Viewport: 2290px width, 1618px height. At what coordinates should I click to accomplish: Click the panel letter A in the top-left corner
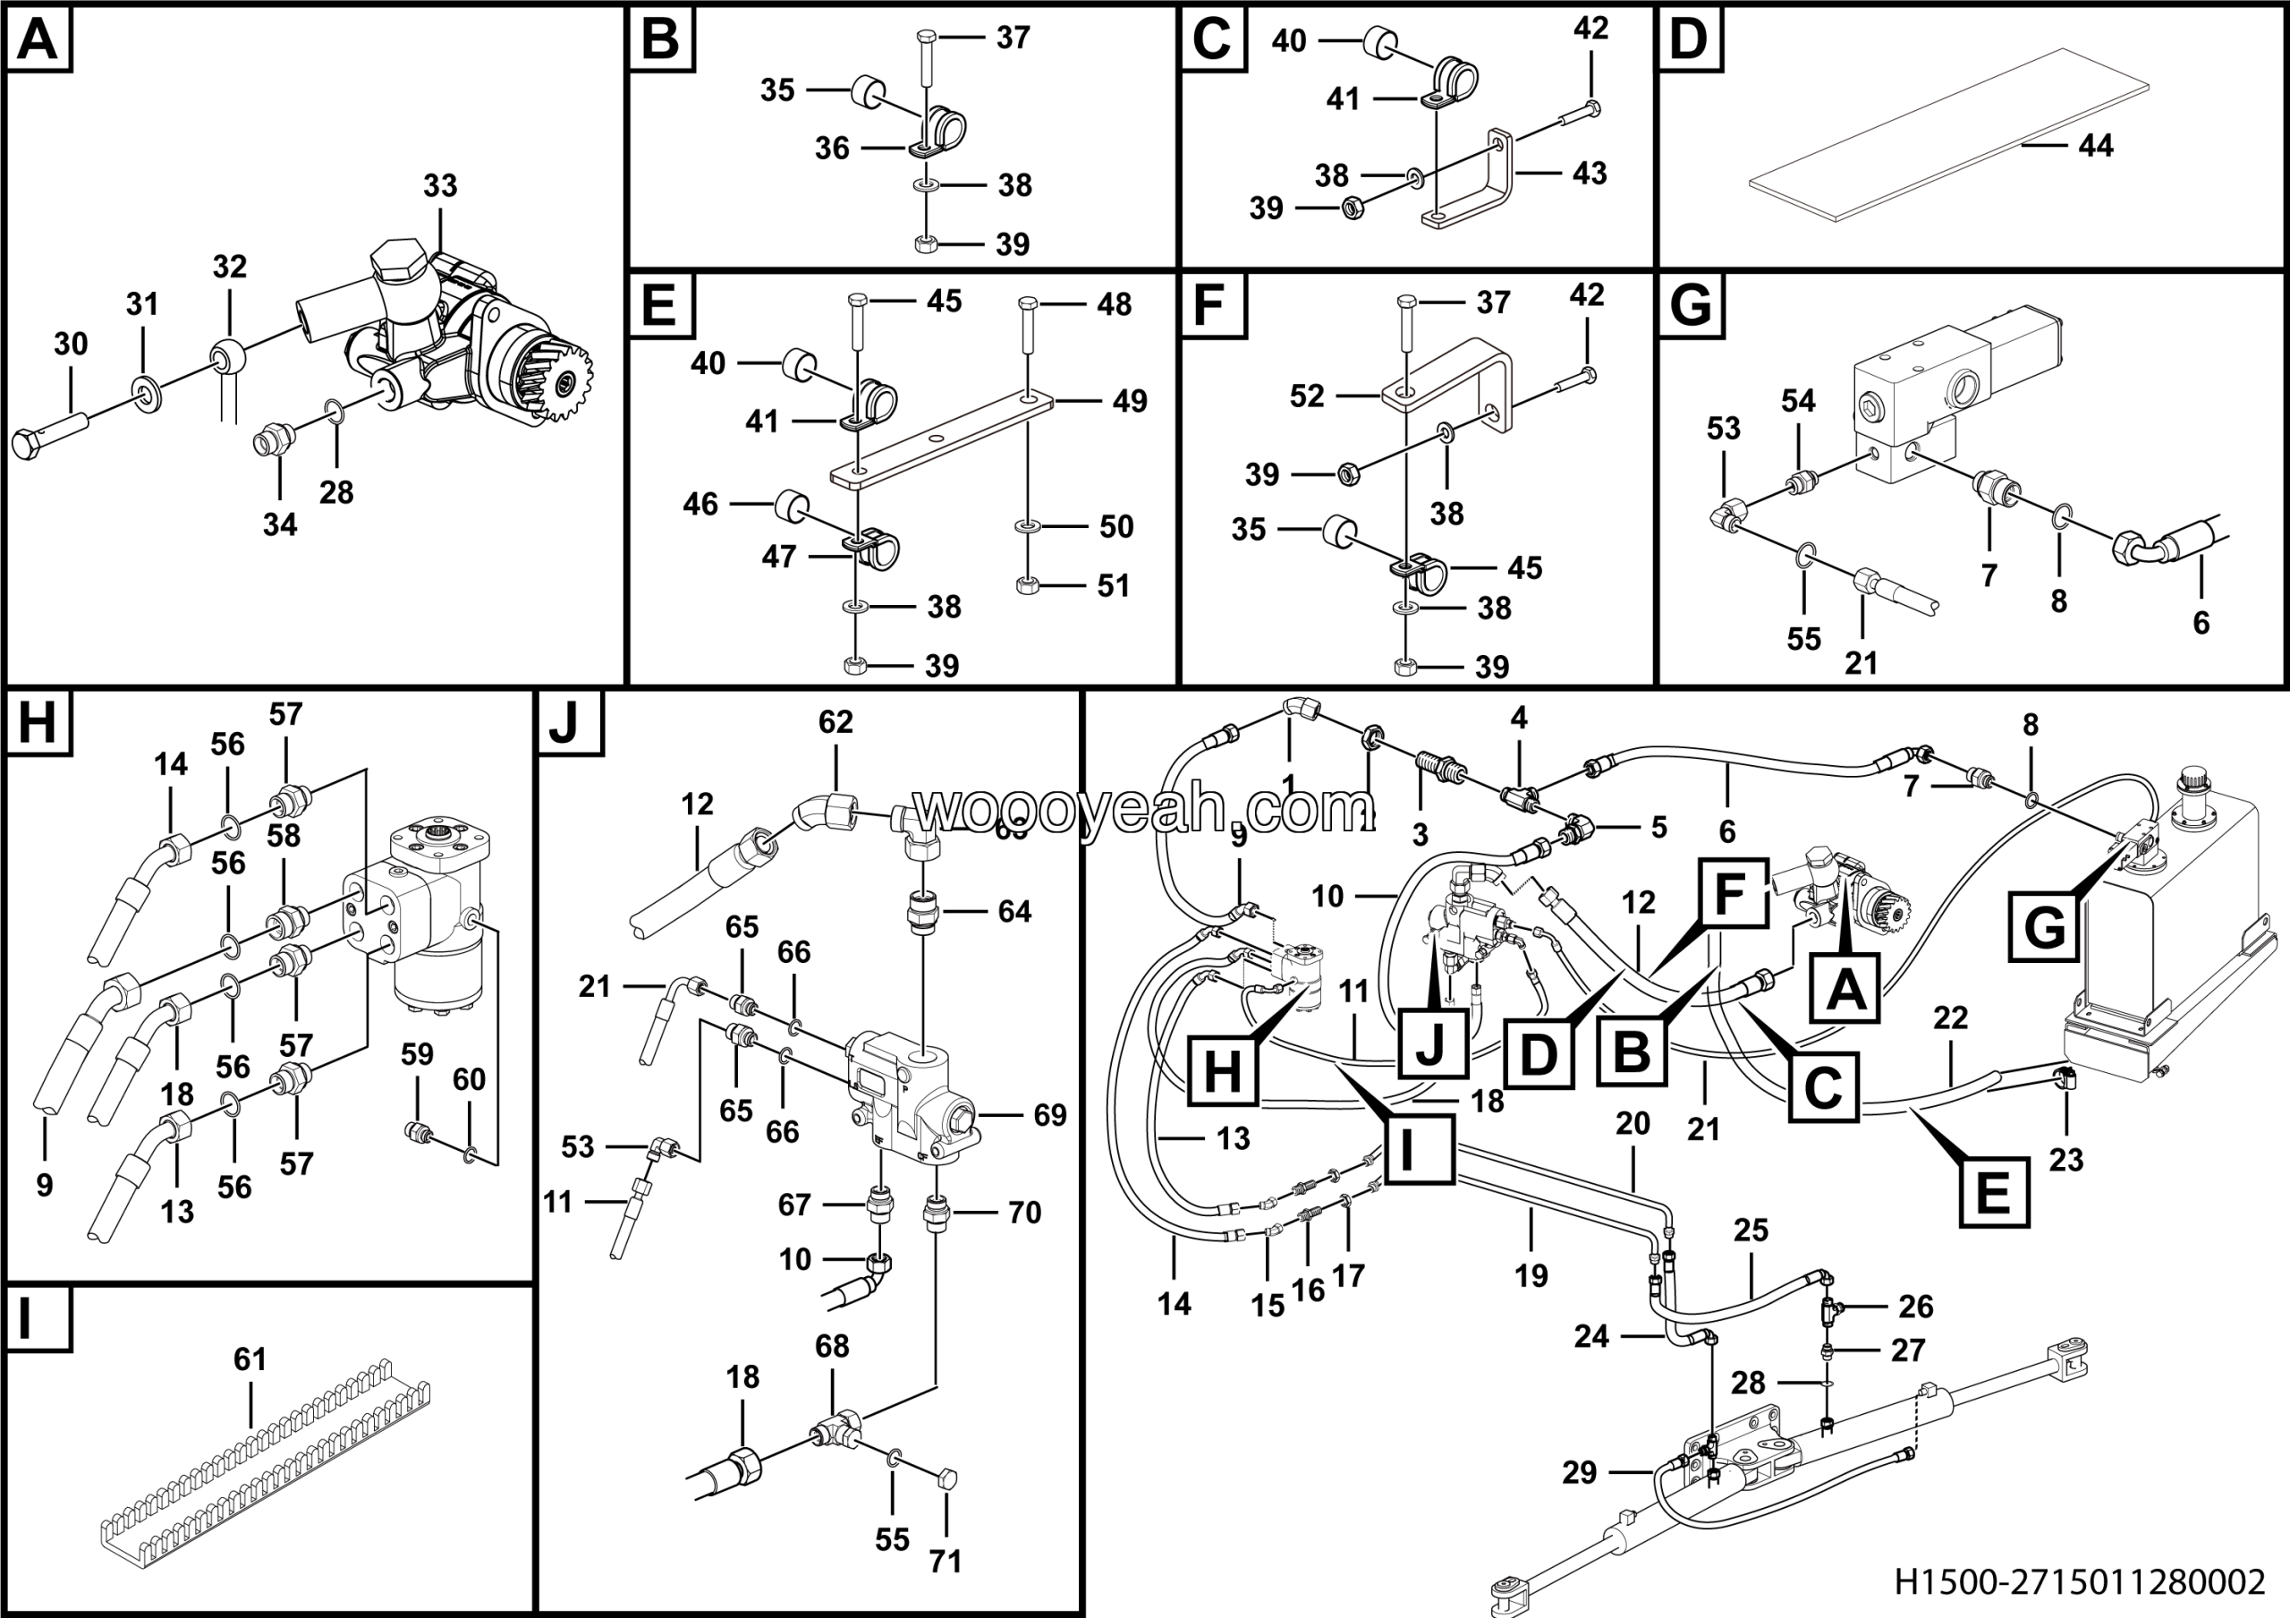[38, 41]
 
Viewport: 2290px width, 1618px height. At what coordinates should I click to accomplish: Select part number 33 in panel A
[440, 185]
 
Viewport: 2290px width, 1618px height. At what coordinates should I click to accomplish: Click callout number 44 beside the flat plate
[2096, 146]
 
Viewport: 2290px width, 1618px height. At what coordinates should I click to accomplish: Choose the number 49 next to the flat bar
[1129, 401]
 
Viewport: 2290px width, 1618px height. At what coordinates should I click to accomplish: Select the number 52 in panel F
[1307, 396]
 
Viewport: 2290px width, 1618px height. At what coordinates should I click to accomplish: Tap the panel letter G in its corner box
[1691, 305]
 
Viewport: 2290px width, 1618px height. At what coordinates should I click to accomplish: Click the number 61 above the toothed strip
[250, 1358]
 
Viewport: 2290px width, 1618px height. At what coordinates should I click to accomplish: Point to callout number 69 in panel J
[1049, 1115]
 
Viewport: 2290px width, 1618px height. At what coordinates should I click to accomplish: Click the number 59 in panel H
[417, 1053]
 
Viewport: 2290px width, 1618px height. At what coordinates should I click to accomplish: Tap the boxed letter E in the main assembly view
[1993, 1191]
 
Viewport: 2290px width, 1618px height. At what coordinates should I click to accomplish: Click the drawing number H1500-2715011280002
[2080, 1582]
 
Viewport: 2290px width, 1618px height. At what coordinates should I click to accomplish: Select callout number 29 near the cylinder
[1579, 1472]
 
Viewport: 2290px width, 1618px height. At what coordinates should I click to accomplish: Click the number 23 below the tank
[2065, 1159]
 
